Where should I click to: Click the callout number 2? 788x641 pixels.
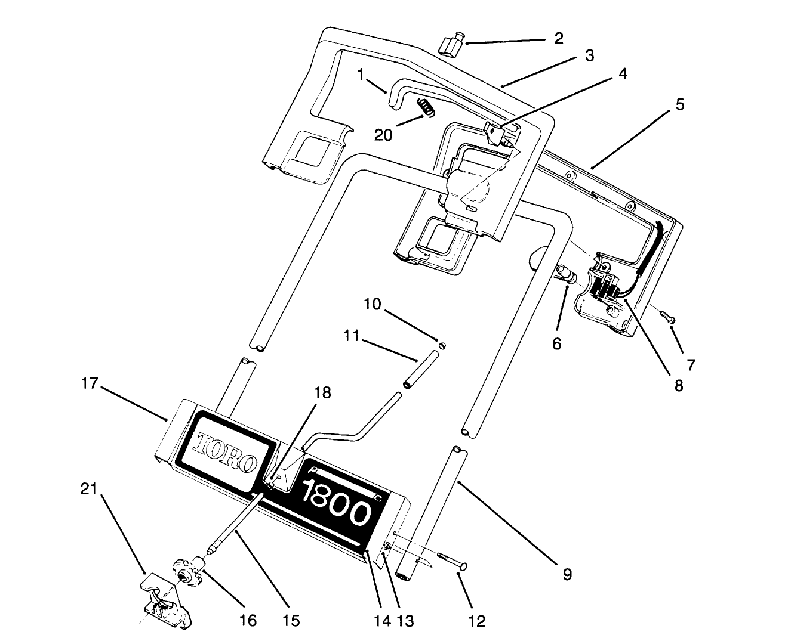[x=558, y=39]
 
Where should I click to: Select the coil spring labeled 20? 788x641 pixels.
[x=424, y=107]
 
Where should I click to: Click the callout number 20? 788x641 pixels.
[x=383, y=135]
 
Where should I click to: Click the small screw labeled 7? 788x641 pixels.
[x=667, y=316]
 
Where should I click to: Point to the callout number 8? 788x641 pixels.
[x=679, y=385]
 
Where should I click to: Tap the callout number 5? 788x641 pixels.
[x=679, y=105]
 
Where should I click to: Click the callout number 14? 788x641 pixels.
[x=382, y=621]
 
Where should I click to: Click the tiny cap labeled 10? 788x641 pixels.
[x=442, y=345]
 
